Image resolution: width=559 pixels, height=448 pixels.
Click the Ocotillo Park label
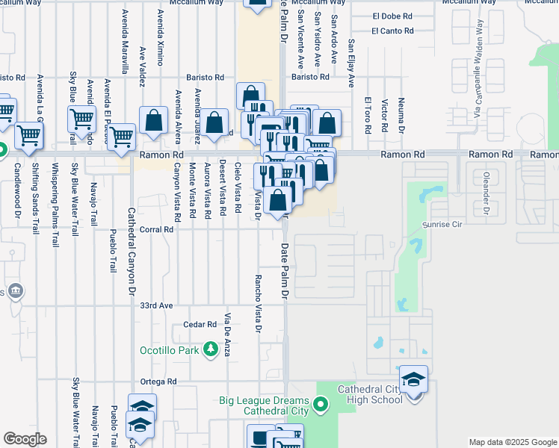click(170, 349)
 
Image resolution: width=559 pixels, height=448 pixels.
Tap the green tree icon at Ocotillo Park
click(211, 349)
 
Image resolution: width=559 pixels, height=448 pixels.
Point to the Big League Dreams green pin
click(321, 405)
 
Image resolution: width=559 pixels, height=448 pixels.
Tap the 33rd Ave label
click(156, 305)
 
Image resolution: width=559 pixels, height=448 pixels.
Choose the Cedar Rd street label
click(200, 325)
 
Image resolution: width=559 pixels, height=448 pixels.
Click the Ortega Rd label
click(161, 381)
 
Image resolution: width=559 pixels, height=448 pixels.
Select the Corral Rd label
click(156, 230)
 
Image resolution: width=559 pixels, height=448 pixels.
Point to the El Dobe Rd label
click(392, 16)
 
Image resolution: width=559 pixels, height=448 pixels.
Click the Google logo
click(25, 439)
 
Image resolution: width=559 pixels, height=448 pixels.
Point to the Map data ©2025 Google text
click(512, 442)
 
